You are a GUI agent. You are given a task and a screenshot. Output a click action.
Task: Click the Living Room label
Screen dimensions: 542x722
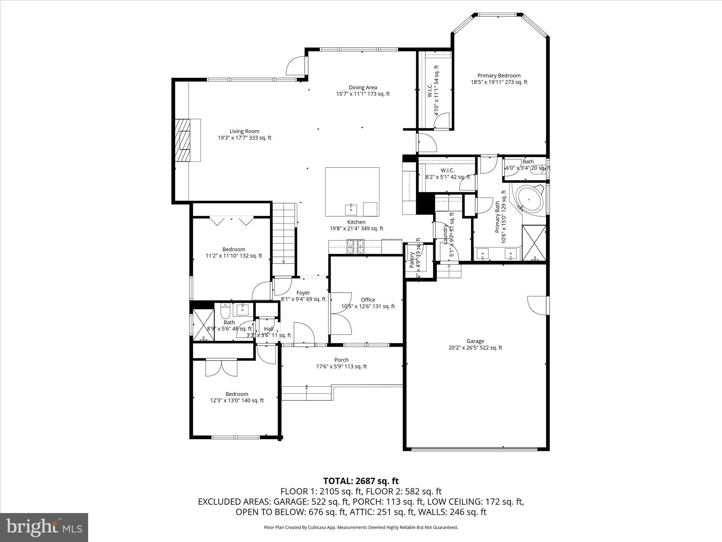coord(244,131)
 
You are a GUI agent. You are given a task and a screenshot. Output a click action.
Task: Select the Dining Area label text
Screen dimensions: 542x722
coord(363,88)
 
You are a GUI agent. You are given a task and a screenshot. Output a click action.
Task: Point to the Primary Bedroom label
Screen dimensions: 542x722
coord(499,76)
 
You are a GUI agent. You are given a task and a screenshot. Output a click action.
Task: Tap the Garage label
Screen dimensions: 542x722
coord(475,341)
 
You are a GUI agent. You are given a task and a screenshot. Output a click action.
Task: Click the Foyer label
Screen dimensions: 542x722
coord(303,293)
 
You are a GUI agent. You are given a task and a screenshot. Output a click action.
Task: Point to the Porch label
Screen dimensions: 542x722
coord(341,360)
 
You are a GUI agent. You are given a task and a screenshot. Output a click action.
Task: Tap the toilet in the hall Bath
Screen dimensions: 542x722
coord(225,311)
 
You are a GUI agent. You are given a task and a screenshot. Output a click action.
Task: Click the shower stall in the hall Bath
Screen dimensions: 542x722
coord(203,325)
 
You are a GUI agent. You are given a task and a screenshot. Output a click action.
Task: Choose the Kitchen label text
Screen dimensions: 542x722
coord(356,222)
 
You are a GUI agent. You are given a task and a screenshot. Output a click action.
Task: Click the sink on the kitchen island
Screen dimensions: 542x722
coord(351,209)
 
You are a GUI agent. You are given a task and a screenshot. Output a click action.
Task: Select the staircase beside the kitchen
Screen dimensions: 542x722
coord(284,233)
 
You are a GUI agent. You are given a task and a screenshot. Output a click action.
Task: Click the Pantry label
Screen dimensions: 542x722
coord(411,259)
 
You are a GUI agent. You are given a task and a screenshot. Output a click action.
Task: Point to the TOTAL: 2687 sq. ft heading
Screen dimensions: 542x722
coord(361,481)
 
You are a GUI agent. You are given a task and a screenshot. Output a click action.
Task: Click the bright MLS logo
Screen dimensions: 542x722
coord(44,527)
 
